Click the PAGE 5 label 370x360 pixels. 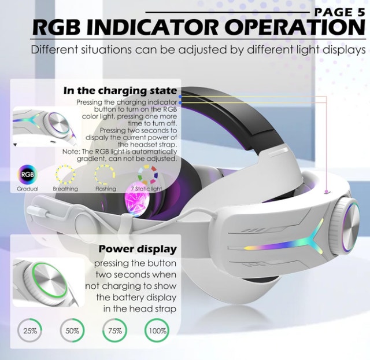click(340, 12)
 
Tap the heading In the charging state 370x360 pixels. click(120, 91)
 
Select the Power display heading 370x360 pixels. click(138, 249)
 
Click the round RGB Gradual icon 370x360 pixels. click(27, 175)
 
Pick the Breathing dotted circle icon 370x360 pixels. click(65, 175)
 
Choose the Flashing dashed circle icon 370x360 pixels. click(105, 175)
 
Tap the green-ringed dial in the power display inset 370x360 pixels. click(49, 281)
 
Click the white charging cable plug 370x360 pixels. click(38, 211)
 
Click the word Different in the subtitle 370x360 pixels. click(54, 50)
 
